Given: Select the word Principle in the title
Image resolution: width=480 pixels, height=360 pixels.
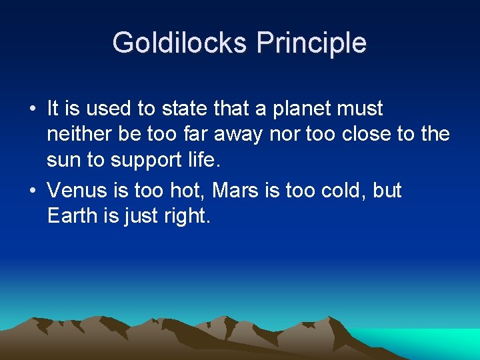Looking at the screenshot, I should [311, 43].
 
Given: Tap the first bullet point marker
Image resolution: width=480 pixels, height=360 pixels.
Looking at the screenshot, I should [33, 109].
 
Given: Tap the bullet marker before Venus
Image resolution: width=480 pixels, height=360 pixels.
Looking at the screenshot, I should [33, 191].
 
